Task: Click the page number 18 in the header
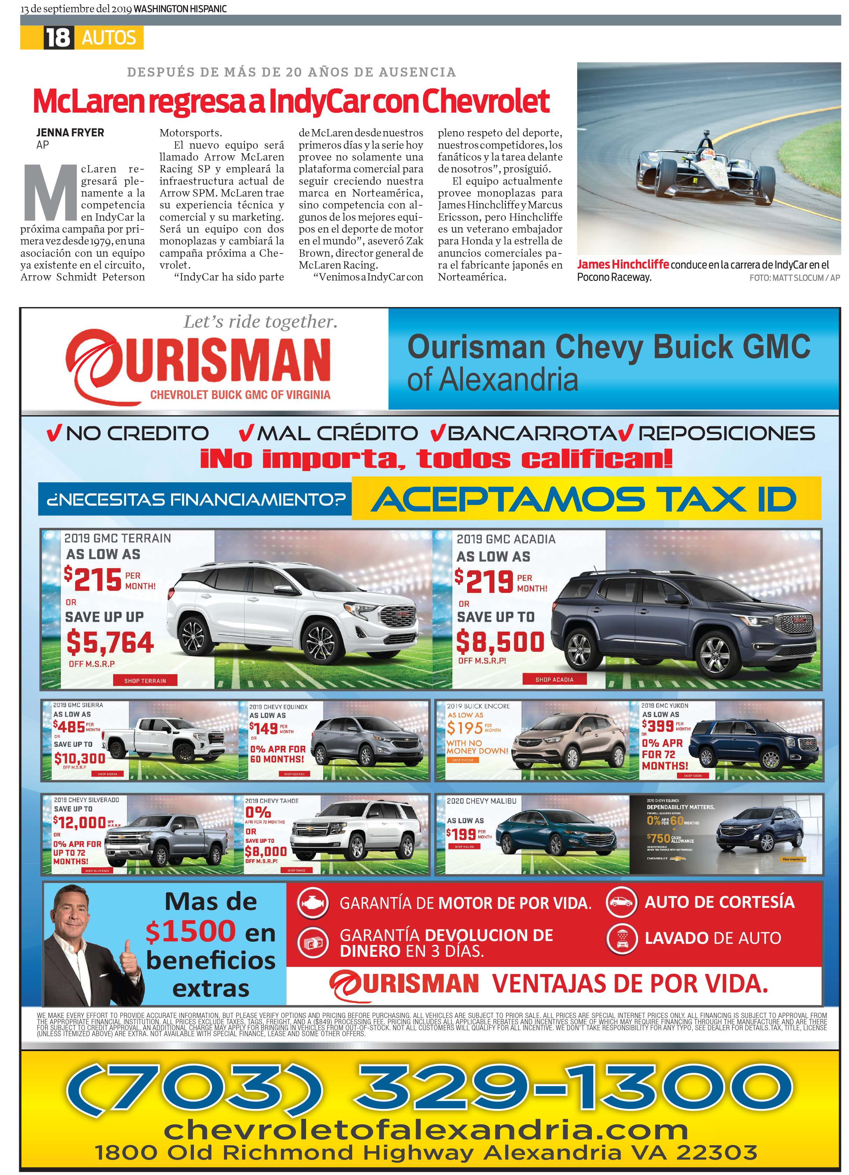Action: click(x=57, y=38)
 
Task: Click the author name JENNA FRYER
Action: click(x=70, y=133)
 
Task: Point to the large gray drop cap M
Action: click(x=50, y=192)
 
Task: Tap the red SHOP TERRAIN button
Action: click(x=145, y=680)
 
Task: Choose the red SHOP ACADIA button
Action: click(x=553, y=679)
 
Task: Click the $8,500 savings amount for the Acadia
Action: click(x=500, y=642)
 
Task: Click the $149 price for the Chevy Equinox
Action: click(x=264, y=728)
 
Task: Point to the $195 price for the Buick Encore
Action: click(x=465, y=728)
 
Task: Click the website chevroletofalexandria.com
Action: click(x=426, y=1130)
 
